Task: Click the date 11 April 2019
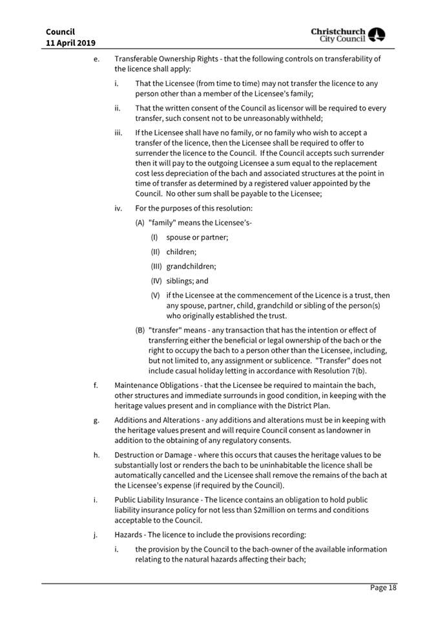point(71,43)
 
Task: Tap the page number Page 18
point(383,587)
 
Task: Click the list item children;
point(182,252)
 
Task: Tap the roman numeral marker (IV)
point(156,281)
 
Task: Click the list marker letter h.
point(96,455)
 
